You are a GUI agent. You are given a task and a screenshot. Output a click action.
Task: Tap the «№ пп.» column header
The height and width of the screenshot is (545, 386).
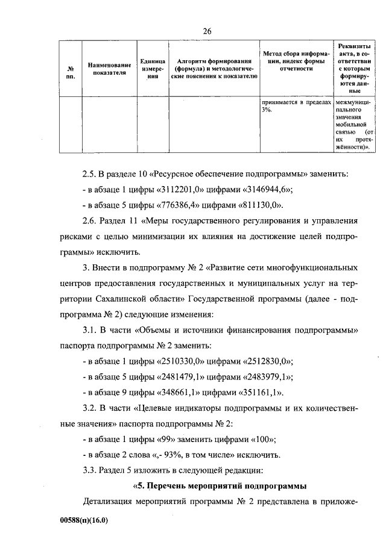[x=71, y=72]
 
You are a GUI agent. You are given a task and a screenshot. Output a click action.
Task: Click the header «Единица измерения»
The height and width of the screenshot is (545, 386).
[x=148, y=69]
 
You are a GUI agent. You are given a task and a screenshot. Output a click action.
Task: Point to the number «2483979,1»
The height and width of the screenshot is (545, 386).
[x=266, y=377]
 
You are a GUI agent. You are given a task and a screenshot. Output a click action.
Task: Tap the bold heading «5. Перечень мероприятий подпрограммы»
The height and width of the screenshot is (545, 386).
[x=220, y=485]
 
